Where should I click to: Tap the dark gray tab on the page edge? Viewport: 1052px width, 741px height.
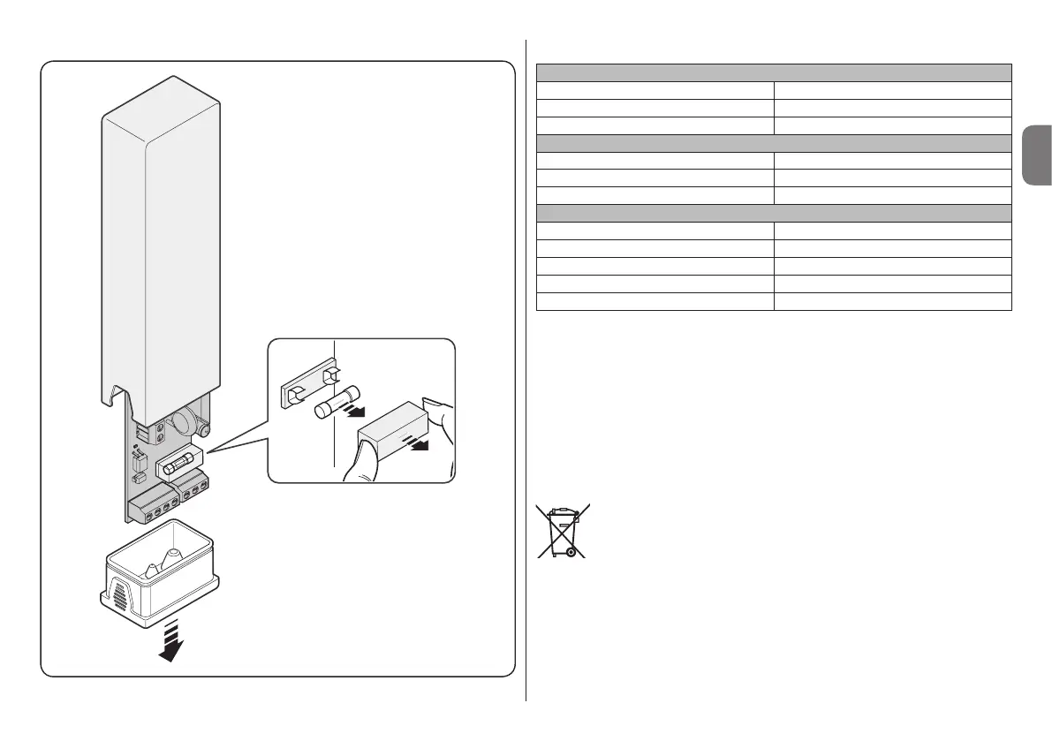tap(1035, 155)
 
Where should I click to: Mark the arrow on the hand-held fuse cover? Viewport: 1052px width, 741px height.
tap(415, 443)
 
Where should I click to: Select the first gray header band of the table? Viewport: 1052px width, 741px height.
tap(774, 72)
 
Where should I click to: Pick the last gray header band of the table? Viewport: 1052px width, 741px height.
tap(774, 212)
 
